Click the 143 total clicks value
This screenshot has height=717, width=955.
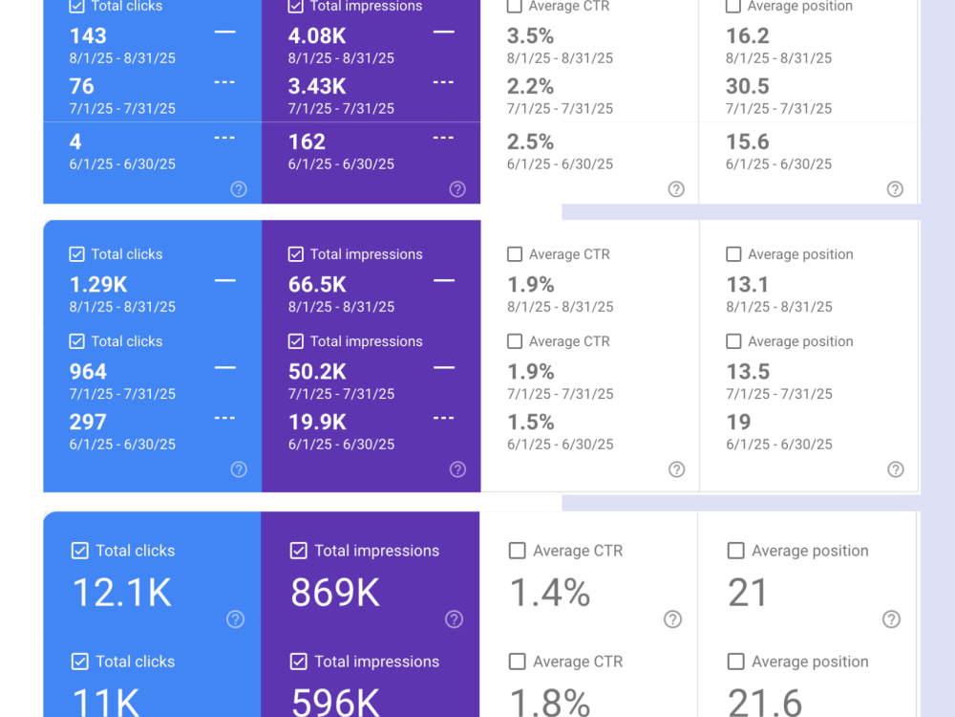coord(88,36)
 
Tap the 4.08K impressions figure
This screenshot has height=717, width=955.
coord(317,36)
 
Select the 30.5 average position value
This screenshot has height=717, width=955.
coord(748,86)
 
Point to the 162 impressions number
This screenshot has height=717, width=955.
coord(307,142)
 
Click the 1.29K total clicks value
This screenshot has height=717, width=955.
coord(98,285)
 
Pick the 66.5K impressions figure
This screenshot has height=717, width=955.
coord(317,285)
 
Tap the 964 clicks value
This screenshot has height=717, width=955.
coord(88,372)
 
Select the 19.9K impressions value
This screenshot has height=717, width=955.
coord(317,422)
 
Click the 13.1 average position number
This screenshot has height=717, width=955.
coord(748,285)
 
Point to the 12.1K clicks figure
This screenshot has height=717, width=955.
coord(122,593)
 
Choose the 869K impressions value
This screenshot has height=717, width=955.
coord(335,593)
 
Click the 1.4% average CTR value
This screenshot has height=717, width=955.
coord(550,593)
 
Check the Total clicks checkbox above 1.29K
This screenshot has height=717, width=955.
coord(76,254)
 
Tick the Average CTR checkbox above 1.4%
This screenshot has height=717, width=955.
coord(517,551)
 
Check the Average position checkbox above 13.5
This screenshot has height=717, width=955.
coord(733,341)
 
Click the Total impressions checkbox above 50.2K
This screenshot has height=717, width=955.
coord(296,341)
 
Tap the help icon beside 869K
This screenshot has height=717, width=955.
coord(454,619)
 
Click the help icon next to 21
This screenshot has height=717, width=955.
coord(891,619)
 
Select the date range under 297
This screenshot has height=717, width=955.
coord(122,445)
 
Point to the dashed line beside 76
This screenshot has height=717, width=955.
coord(224,82)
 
